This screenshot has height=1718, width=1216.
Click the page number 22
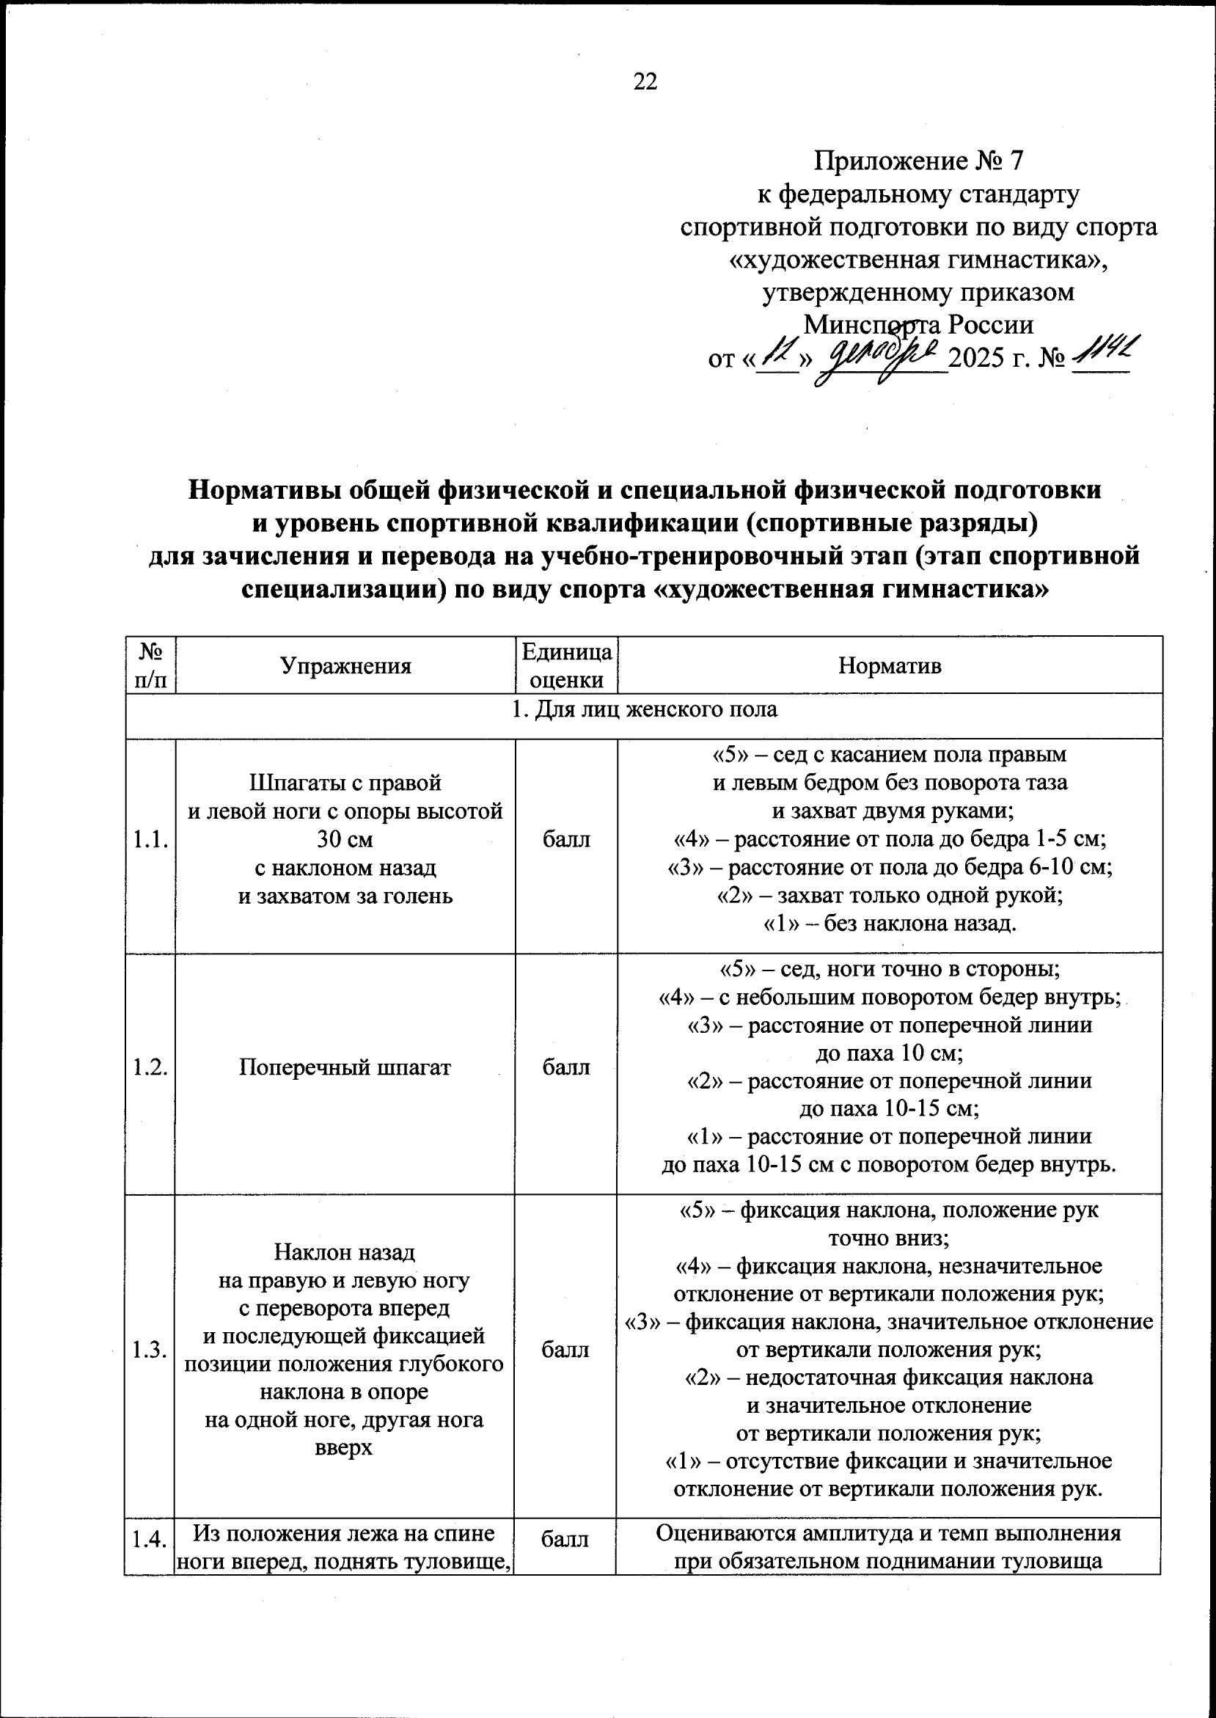(x=645, y=81)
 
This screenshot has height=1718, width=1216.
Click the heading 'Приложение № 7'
(x=918, y=160)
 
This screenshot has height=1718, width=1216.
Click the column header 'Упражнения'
(x=345, y=666)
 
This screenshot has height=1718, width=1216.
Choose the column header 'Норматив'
(x=890, y=666)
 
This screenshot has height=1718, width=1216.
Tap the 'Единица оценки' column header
(x=566, y=666)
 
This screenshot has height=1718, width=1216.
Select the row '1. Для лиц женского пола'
(x=644, y=709)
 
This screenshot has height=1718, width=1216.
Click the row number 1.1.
(x=150, y=839)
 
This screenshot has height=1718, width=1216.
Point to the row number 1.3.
(x=150, y=1350)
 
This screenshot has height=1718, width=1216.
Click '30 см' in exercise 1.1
(x=345, y=839)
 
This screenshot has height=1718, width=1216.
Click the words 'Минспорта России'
(x=918, y=325)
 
